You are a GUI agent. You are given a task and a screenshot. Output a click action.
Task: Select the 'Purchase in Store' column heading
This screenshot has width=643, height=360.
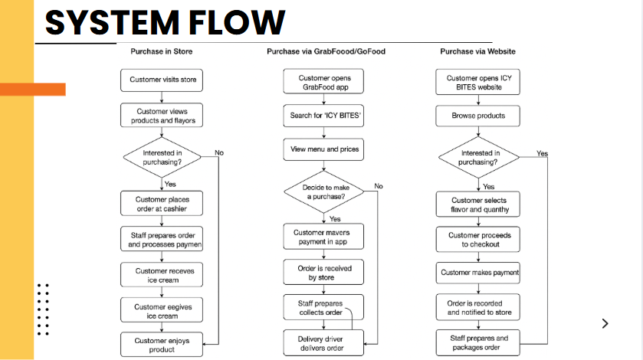(x=161, y=52)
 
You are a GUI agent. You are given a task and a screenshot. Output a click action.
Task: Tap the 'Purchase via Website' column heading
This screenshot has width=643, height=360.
(x=477, y=52)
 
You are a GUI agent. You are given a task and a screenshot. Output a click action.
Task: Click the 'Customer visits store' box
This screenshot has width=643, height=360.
(x=162, y=80)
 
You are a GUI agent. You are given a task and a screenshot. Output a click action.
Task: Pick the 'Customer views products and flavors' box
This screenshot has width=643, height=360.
(x=162, y=116)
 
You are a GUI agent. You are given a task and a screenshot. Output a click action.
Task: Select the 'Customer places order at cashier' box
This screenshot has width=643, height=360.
(x=162, y=203)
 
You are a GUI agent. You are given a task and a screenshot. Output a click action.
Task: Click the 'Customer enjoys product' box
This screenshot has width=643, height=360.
(x=162, y=344)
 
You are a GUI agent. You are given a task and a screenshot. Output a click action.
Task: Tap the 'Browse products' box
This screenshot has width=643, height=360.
(x=480, y=116)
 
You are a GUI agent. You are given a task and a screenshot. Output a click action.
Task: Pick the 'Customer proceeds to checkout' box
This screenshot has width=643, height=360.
(x=480, y=239)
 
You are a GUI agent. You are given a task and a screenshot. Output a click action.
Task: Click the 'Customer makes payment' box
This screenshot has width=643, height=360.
(x=480, y=273)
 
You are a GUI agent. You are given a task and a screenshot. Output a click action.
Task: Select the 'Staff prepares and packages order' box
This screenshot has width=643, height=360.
(x=480, y=342)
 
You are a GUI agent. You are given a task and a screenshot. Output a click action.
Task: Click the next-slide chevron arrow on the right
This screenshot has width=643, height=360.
(x=605, y=323)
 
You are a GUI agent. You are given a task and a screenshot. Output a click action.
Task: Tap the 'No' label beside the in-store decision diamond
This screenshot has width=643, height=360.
(x=219, y=153)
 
